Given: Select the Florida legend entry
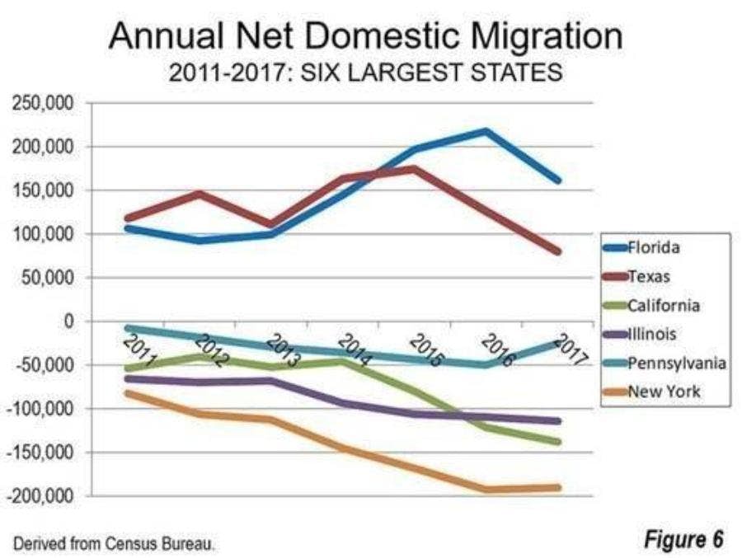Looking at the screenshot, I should pyautogui.click(x=654, y=246).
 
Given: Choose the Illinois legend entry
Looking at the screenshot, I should pyautogui.click(x=653, y=334).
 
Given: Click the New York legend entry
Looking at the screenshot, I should pyautogui.click(x=664, y=391).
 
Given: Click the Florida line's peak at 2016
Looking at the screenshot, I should pyautogui.click(x=486, y=130).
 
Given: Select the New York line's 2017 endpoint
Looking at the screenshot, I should pyautogui.click(x=558, y=487).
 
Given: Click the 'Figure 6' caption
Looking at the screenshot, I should pyautogui.click(x=683, y=539).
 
